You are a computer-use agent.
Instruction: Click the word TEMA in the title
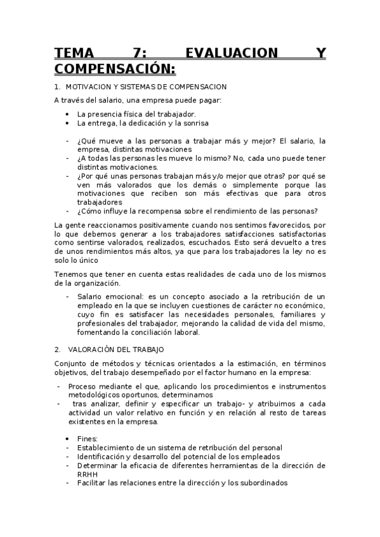pyautogui.click(x=74, y=53)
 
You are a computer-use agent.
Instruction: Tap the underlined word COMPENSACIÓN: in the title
pyautogui.click(x=114, y=68)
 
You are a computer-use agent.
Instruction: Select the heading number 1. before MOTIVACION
pyautogui.click(x=57, y=86)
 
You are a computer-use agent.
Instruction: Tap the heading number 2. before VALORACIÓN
pyautogui.click(x=57, y=349)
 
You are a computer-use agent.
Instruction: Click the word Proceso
pyautogui.click(x=82, y=386)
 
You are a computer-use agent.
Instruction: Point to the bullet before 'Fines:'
pyautogui.click(x=67, y=438)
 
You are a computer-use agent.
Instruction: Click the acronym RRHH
pyautogui.click(x=88, y=474)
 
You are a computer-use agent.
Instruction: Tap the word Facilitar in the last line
pyautogui.click(x=94, y=483)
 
